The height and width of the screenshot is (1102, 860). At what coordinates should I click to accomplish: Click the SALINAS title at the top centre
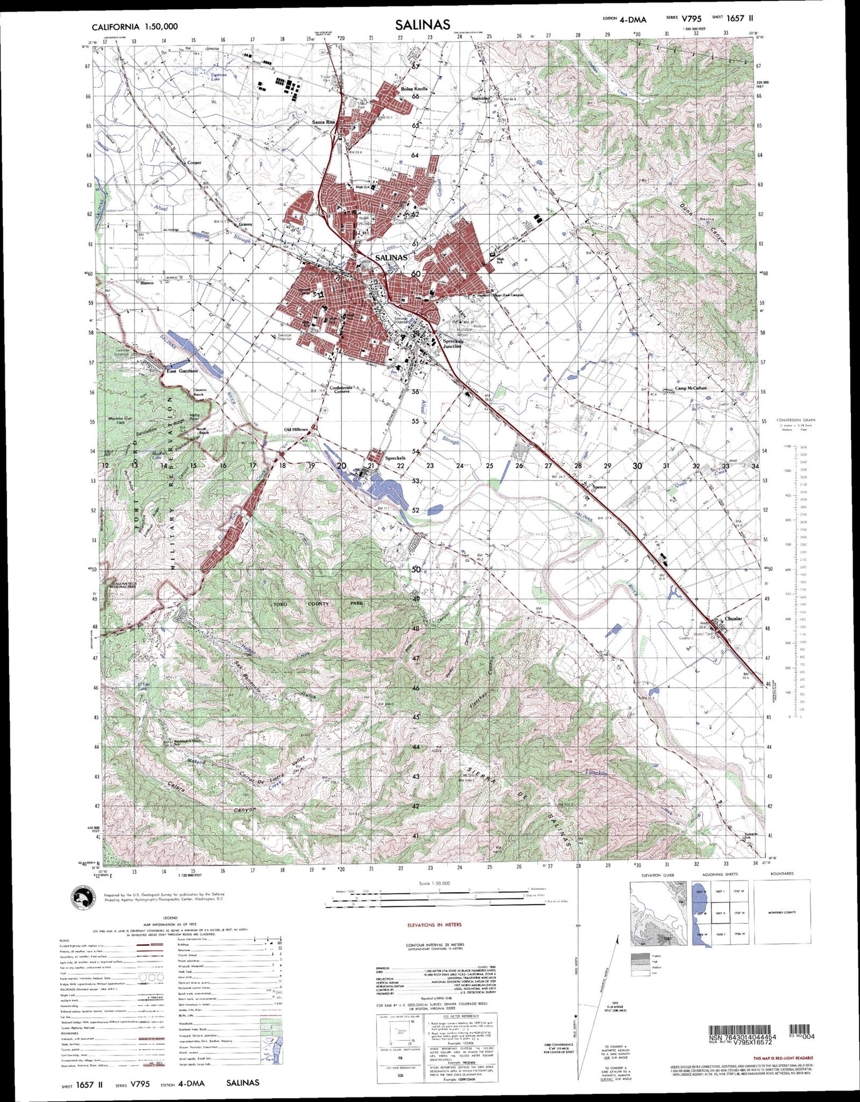coord(423,24)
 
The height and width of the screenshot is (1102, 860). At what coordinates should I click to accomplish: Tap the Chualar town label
coord(733,619)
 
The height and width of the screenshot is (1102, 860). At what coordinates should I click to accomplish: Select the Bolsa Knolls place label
coord(414,89)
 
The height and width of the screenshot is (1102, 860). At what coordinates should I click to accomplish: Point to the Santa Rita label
coord(323,122)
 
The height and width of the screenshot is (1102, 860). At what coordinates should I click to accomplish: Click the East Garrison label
coord(182,371)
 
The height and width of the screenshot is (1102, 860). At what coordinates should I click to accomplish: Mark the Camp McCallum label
coord(690,388)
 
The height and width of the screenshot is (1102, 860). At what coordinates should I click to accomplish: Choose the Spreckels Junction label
coord(452,343)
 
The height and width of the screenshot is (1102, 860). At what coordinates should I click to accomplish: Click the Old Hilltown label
coord(296,429)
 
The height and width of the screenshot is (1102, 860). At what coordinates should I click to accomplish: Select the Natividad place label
coord(481,99)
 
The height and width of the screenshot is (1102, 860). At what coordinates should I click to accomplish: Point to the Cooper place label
coord(194,163)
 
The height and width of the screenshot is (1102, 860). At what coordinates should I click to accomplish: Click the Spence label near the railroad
coord(599,487)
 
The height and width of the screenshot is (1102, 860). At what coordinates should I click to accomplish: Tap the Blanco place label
coord(147,283)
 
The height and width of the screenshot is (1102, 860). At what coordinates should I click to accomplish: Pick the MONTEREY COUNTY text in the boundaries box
coord(782,912)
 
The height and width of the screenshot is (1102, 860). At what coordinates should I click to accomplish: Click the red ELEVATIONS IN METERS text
coord(434,925)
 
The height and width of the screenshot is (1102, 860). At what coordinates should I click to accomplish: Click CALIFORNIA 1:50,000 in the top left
coord(134,26)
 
